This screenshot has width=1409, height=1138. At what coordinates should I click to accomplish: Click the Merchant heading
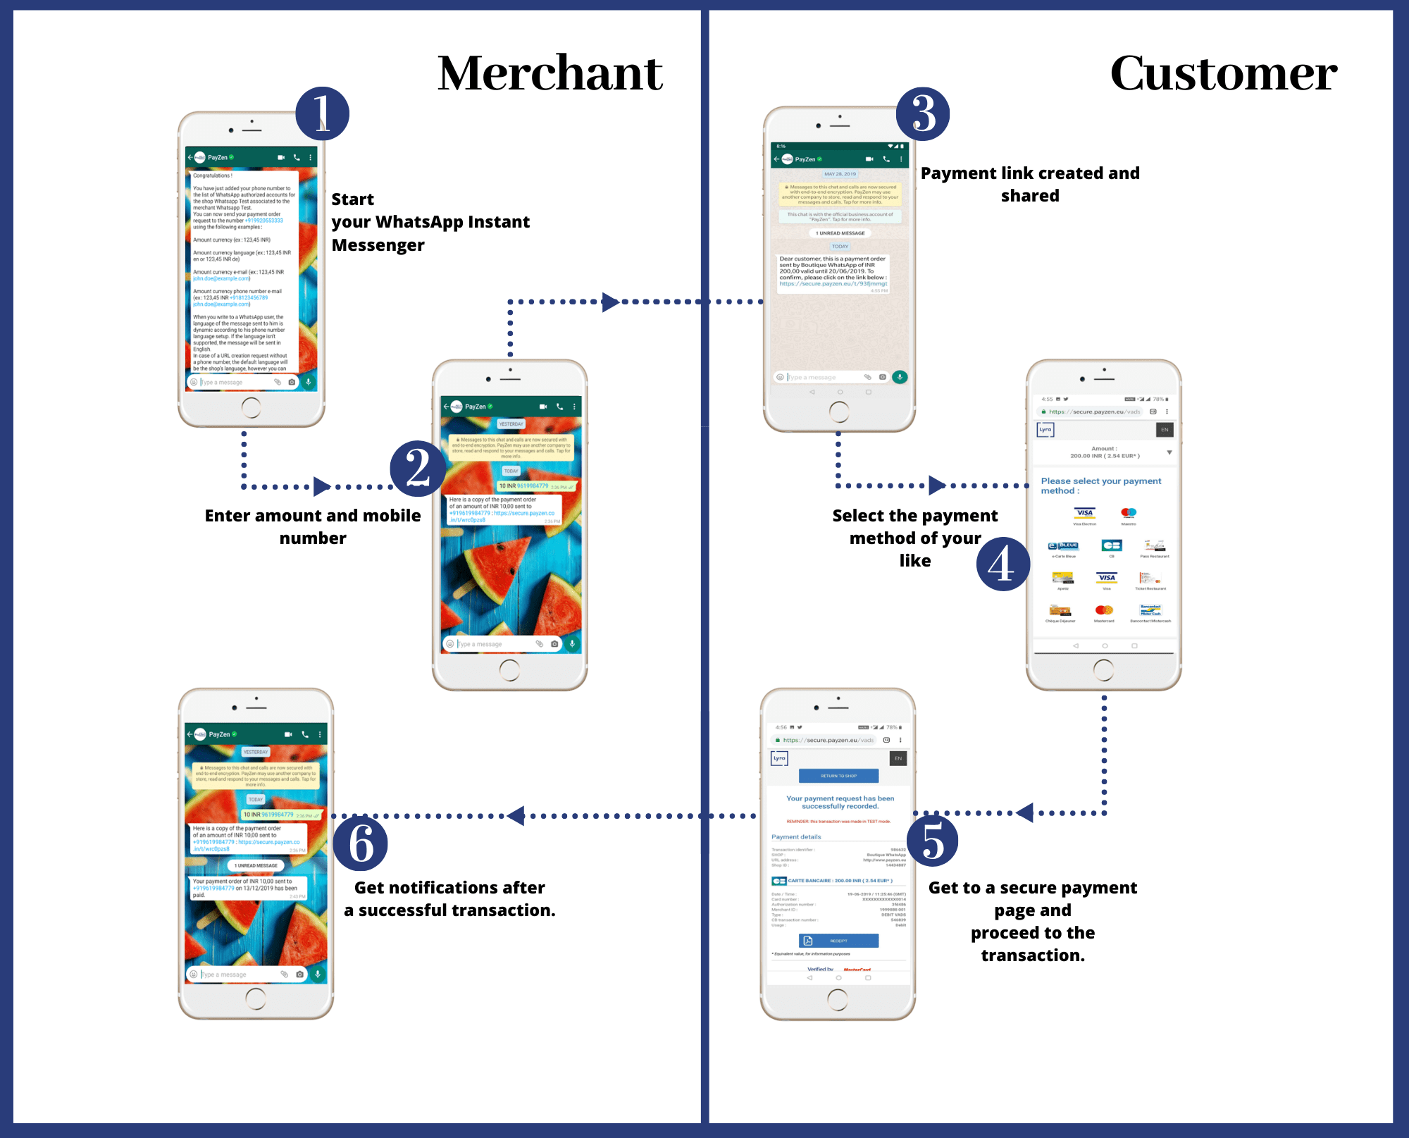tap(550, 73)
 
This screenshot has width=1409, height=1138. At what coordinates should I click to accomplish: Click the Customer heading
tap(1223, 73)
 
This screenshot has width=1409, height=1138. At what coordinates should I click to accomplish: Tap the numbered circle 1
tap(322, 113)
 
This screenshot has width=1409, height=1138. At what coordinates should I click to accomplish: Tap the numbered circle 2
tap(418, 469)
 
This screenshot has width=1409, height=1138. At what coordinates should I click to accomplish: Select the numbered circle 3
tap(923, 113)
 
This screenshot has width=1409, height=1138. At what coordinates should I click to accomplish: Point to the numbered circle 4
tap(1003, 564)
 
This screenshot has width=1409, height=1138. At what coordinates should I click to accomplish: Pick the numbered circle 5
tap(932, 841)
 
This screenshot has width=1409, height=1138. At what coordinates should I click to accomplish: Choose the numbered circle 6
tap(360, 843)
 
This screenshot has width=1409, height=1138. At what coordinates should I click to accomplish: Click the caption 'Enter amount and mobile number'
tap(313, 526)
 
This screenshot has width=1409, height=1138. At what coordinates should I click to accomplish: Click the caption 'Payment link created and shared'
tap(1030, 184)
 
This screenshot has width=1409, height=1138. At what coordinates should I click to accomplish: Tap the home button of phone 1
tap(251, 407)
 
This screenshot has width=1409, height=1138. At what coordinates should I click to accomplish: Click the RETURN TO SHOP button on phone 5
tap(838, 776)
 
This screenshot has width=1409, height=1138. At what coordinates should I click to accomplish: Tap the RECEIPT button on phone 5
tap(838, 941)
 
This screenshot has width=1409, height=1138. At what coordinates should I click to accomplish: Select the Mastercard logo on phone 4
tap(1104, 610)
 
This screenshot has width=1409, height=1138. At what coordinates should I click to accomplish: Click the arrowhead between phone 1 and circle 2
tap(322, 486)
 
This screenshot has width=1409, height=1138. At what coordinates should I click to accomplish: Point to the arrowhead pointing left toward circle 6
tap(516, 816)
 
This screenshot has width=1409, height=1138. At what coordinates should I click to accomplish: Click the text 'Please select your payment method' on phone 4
tap(1100, 485)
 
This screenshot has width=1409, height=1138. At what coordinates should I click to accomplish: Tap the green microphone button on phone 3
tap(900, 377)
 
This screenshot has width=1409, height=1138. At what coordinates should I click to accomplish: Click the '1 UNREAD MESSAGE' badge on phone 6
tap(256, 865)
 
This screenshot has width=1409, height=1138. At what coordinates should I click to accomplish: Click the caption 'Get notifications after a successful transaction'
tap(449, 898)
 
